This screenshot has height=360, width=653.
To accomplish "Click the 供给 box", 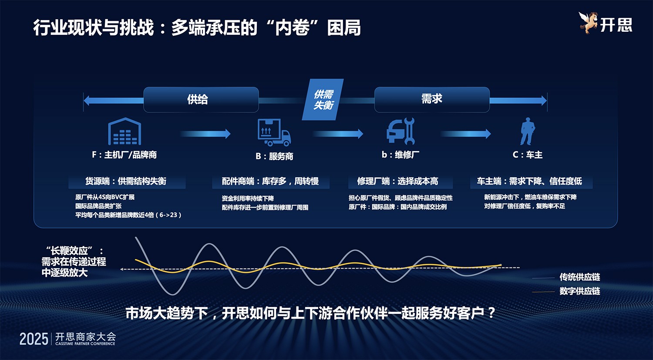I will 201,100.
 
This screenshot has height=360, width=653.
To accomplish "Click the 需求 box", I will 431,100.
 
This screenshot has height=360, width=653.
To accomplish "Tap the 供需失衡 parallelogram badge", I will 323,100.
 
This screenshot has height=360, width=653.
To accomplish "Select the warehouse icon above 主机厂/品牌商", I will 125,131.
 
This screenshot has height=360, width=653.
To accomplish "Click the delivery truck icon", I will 274,132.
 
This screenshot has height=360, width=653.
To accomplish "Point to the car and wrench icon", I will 401,131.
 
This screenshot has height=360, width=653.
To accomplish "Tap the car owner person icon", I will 527,131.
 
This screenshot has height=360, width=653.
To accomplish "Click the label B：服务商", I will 274,156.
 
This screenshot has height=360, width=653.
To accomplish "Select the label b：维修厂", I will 401,155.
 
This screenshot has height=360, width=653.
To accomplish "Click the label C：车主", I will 527,155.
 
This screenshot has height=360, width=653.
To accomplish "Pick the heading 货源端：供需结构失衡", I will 126,182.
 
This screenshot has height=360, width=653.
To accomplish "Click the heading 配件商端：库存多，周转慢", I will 270,182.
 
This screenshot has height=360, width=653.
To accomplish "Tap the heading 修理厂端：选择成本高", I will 397,182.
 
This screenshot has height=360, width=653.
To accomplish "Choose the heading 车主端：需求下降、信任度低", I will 529,182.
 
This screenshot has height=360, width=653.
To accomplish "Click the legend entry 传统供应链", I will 579,277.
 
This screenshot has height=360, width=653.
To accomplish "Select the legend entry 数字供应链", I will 579,291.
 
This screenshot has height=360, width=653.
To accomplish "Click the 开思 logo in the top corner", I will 606,24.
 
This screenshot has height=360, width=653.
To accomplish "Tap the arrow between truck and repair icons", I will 338,134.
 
